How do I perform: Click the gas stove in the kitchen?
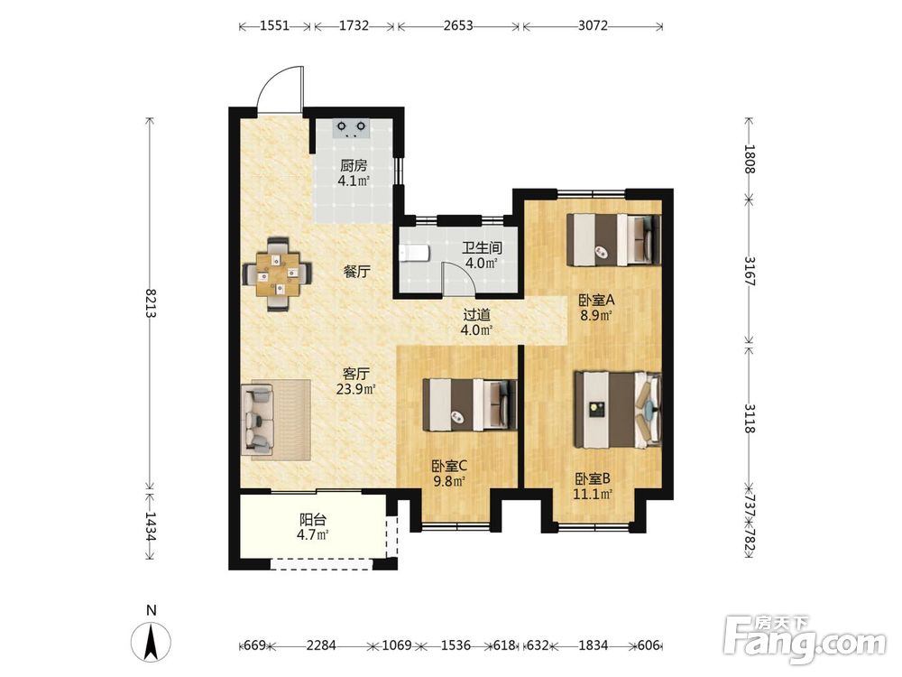(352, 128)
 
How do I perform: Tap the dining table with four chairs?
(278, 274)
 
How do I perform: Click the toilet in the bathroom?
(414, 253)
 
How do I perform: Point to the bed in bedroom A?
(613, 239)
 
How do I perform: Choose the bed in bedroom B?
(618, 409)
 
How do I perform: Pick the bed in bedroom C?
(470, 404)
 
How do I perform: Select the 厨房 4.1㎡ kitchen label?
(354, 173)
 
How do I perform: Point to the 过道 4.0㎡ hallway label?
(477, 322)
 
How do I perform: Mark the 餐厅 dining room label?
(356, 272)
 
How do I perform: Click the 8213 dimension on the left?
(150, 303)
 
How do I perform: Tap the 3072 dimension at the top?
(594, 26)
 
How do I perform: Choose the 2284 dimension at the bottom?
(321, 645)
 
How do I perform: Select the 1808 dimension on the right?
(749, 158)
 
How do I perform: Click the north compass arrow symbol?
(151, 641)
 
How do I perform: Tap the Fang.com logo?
(805, 640)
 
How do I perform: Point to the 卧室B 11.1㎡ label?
(593, 486)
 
